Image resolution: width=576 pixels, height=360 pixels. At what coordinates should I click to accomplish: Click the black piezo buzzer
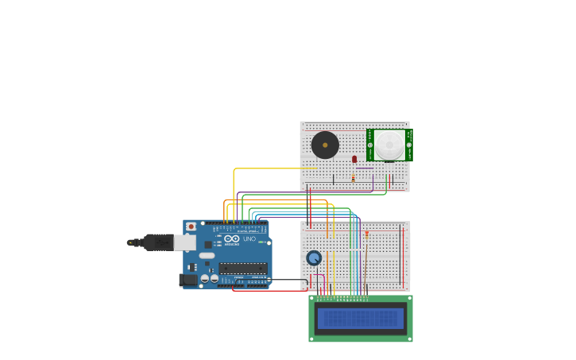tap(325, 145)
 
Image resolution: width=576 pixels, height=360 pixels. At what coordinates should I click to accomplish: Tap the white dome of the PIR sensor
tap(389, 145)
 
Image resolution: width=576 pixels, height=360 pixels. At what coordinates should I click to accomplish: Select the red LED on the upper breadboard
tap(354, 160)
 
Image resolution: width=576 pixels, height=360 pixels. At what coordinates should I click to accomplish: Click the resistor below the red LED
tap(354, 178)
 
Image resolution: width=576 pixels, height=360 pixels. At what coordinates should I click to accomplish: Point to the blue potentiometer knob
tap(314, 257)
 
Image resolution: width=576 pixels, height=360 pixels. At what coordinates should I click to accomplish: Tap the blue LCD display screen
tap(361, 319)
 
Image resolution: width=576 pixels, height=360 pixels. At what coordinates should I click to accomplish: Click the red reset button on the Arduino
tap(191, 226)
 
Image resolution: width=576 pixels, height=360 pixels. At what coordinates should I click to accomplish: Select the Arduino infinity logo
tap(231, 238)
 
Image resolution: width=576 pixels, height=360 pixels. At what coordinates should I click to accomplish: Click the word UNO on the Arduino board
tap(249, 238)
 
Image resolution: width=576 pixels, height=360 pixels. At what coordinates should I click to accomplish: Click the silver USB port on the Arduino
tap(184, 242)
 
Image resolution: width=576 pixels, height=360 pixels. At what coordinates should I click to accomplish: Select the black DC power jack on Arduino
tap(189, 280)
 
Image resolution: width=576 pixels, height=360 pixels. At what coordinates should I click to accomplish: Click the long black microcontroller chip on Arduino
tap(243, 268)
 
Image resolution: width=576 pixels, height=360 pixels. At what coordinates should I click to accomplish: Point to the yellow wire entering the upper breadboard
tap(270, 168)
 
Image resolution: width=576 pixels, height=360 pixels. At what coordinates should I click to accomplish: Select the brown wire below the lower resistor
tap(366, 262)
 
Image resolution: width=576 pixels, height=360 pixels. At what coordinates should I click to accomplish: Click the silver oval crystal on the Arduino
tap(206, 256)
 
